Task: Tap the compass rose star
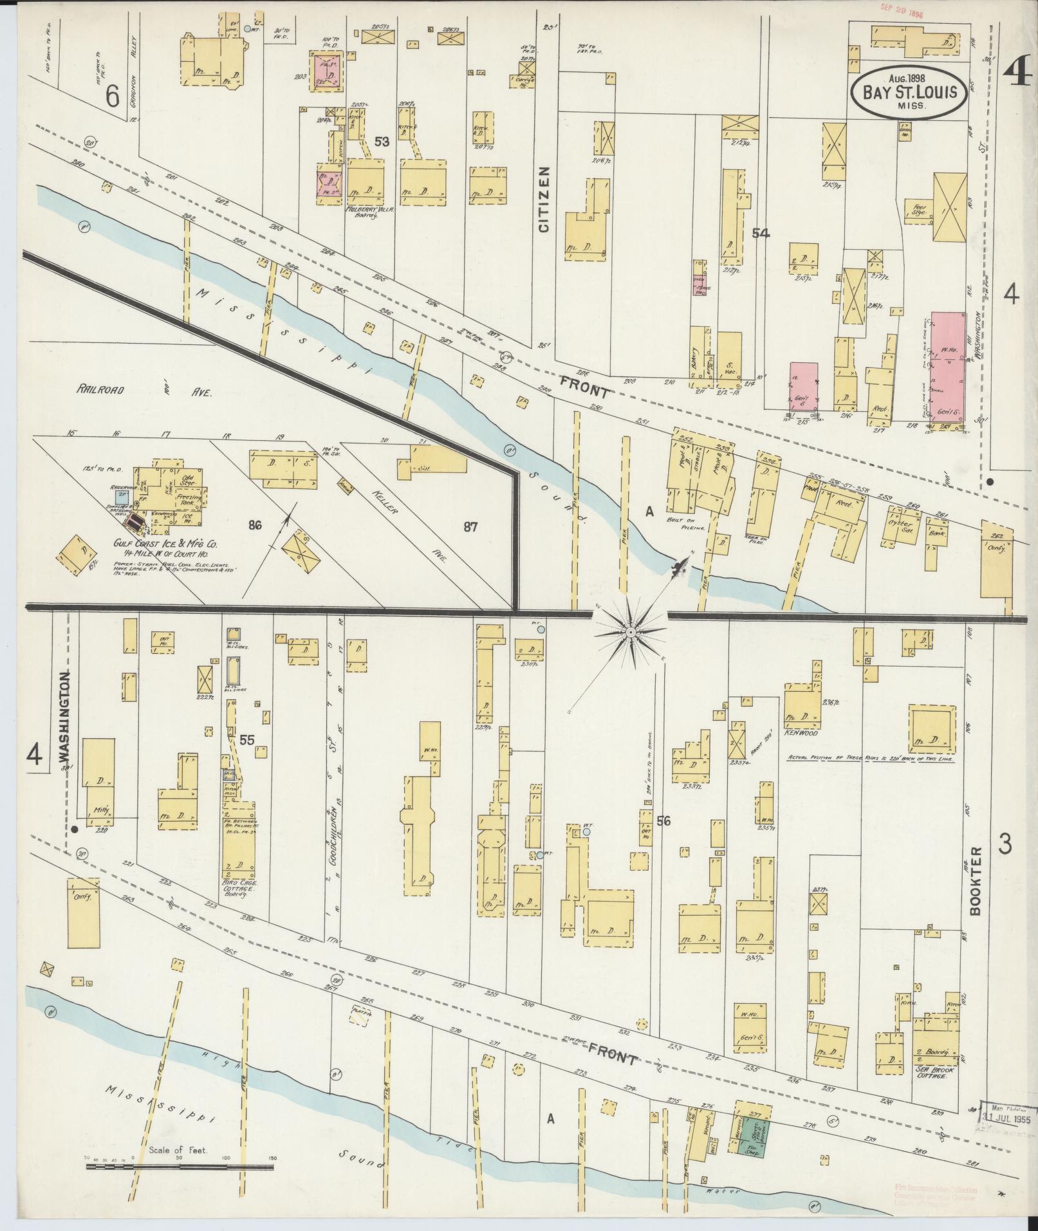631,633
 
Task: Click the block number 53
382,142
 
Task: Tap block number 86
255,525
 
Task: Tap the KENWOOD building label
801,733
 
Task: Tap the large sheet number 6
113,97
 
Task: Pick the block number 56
663,820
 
